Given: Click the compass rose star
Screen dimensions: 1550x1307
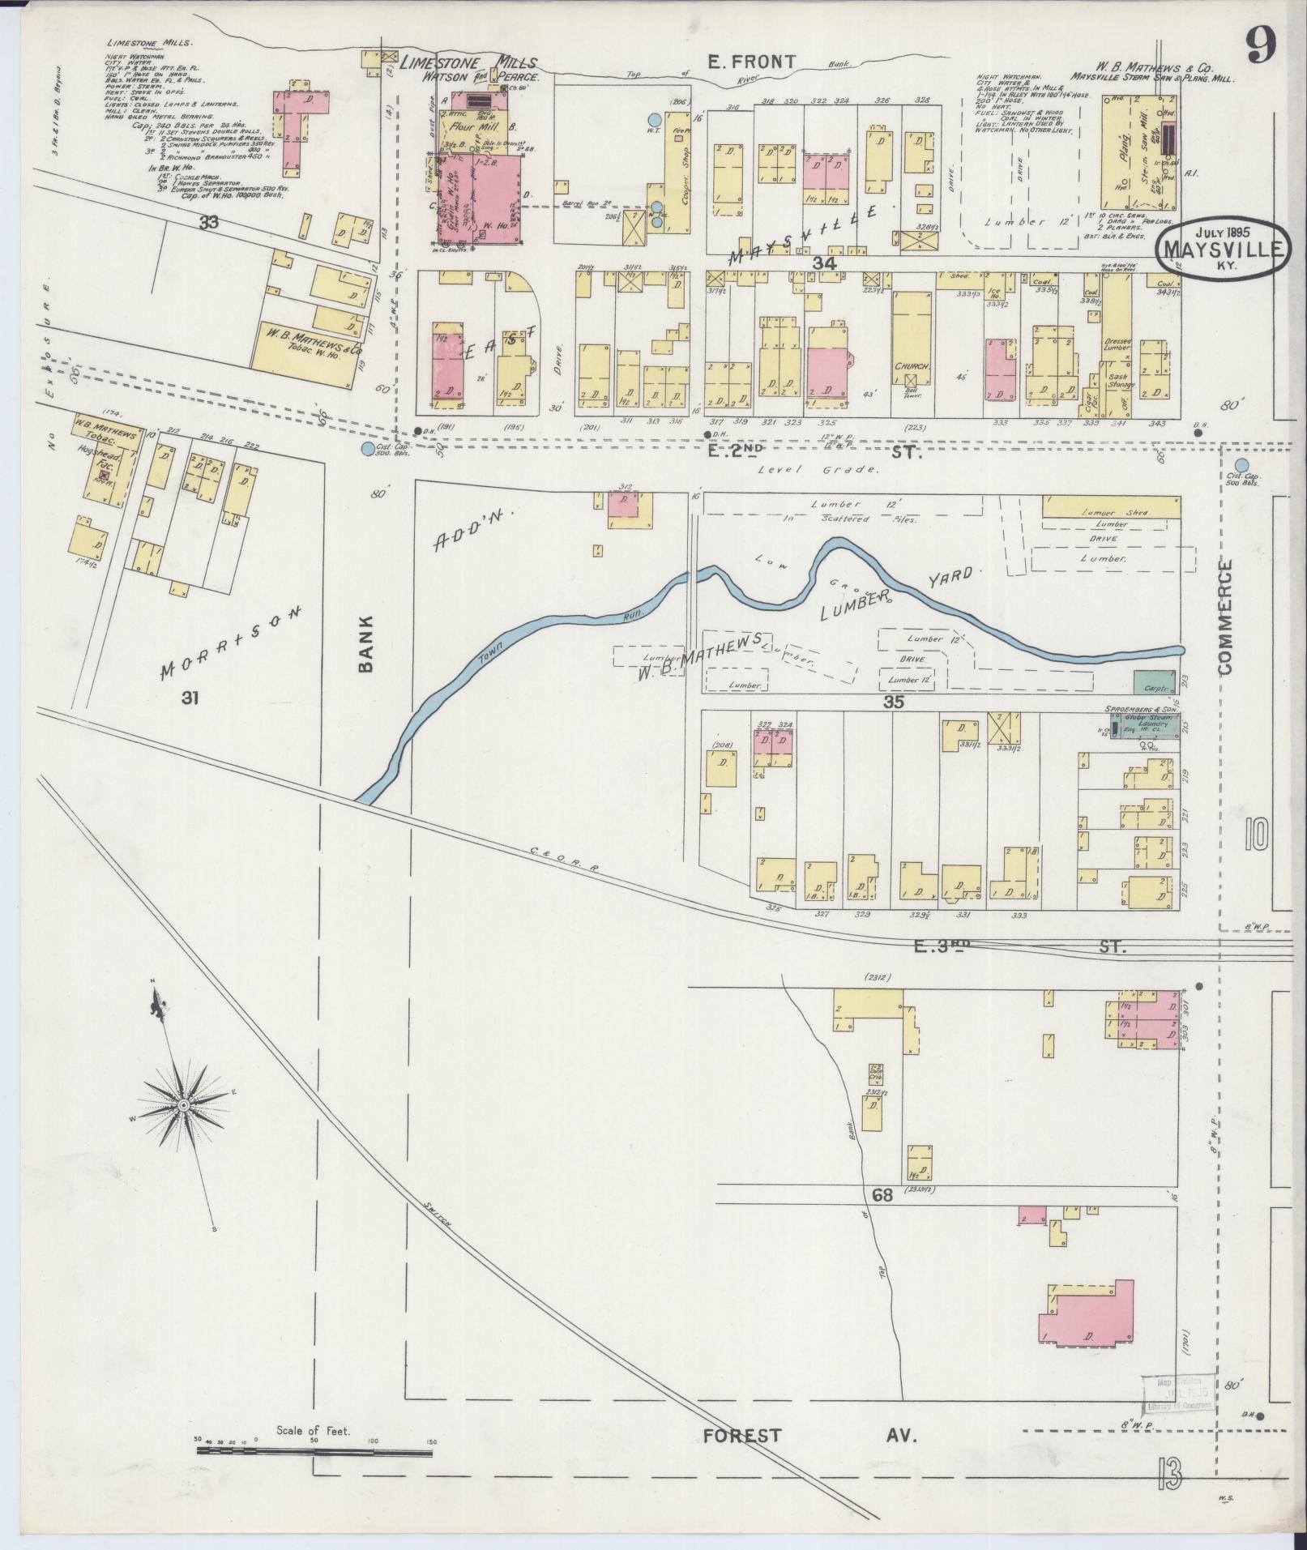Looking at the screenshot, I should pos(184,1104).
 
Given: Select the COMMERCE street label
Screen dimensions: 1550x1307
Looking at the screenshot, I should pos(1224,617).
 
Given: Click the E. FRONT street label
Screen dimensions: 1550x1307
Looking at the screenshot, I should pos(750,61).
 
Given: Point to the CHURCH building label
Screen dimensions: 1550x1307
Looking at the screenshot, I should pos(911,365).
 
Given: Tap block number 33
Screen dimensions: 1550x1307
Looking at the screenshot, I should pos(210,220).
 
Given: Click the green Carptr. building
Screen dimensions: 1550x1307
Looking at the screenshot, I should pos(1154,682).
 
